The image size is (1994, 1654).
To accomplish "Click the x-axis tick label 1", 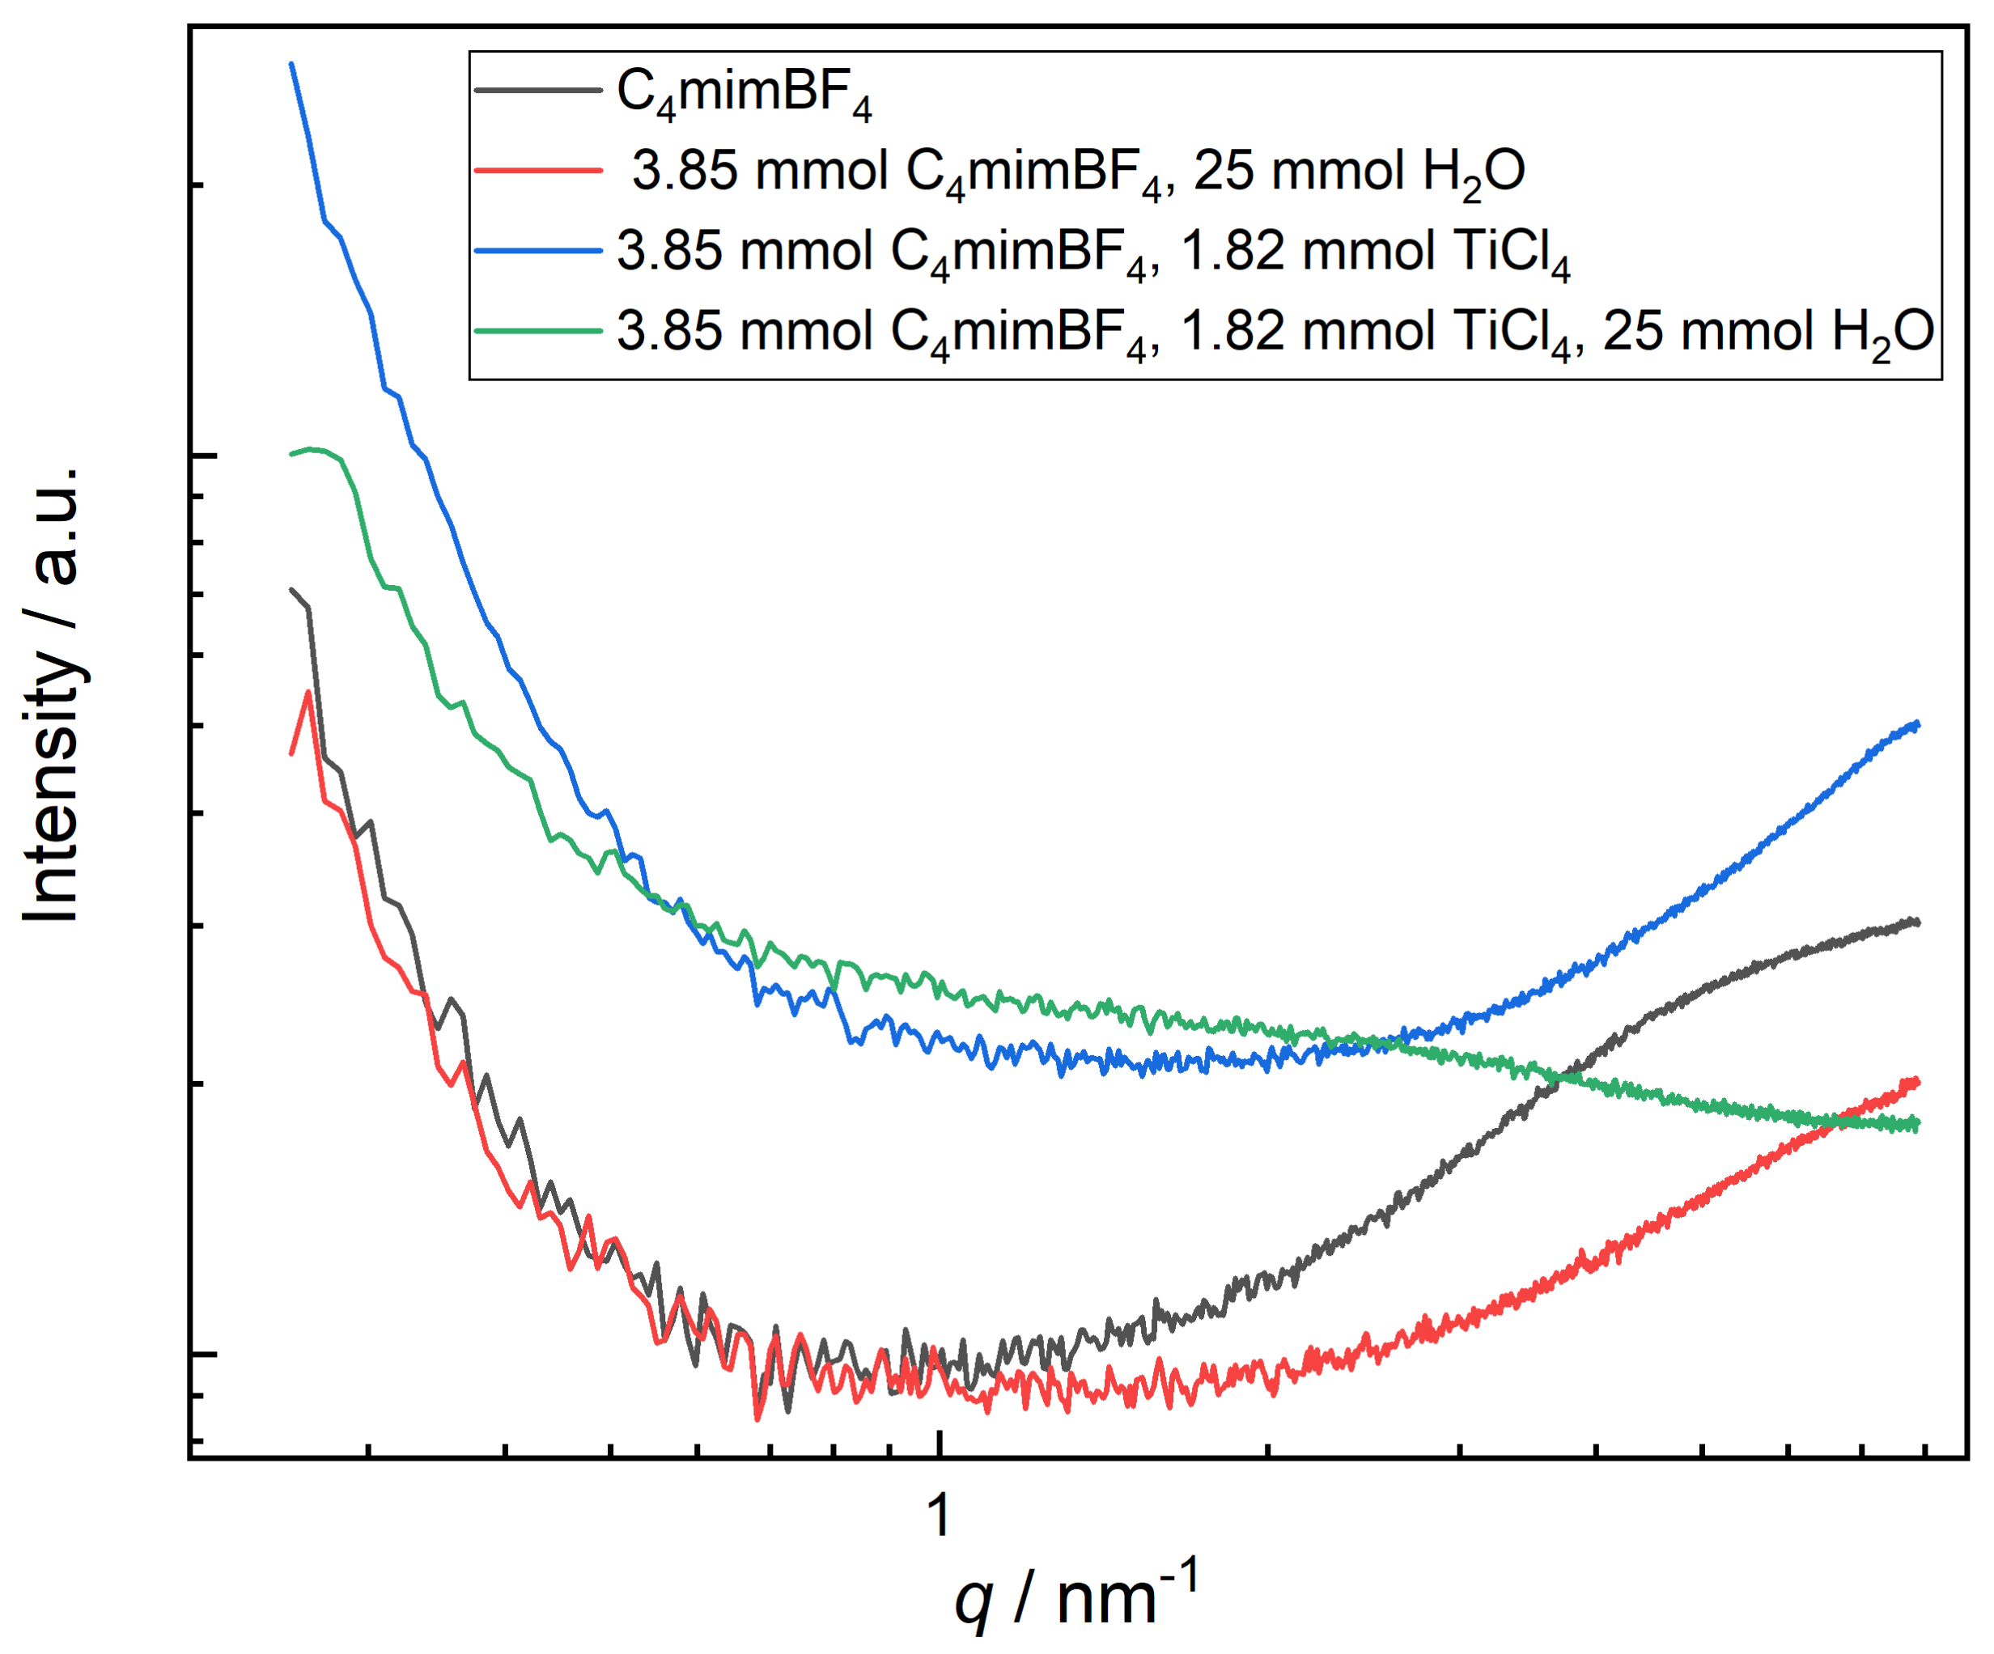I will tap(938, 1515).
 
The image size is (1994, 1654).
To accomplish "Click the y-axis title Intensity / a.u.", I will tap(53, 694).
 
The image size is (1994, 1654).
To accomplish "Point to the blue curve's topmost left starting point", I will tap(291, 65).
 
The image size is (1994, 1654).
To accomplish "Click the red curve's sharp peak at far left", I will tap(308, 692).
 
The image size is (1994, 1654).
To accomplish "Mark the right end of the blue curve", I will tap(1918, 724).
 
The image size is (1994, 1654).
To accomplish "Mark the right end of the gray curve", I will tap(1918, 921).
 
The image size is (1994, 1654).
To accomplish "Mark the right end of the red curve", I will tap(1918, 1080).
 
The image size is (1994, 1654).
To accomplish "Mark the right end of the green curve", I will tap(1918, 1124).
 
